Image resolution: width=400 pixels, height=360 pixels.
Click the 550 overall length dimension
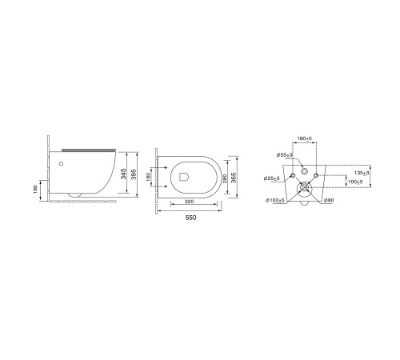pos(190,218)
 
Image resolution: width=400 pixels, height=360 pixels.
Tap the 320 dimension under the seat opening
pos(189,202)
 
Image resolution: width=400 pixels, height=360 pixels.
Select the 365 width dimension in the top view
pos(234,178)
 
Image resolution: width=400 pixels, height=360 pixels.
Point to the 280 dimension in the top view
pos(224,178)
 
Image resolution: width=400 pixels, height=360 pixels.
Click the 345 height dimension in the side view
pos(123,174)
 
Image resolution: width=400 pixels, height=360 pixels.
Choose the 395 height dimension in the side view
pos(134,174)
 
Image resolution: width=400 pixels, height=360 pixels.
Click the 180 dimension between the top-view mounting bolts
pos(149,177)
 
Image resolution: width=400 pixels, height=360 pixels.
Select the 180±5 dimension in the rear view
pos(305,138)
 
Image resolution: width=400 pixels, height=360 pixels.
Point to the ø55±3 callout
pos(285,154)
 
